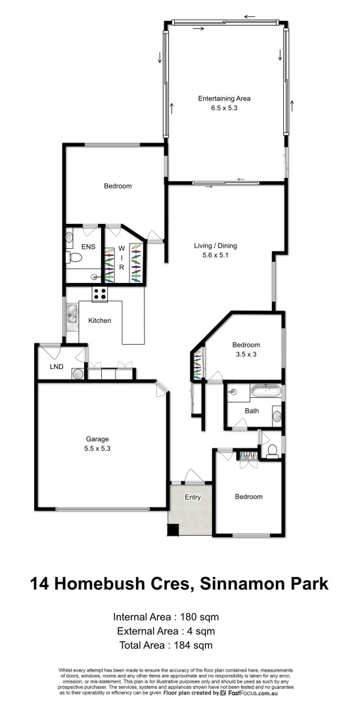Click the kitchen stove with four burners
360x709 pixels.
pyautogui.click(x=100, y=295)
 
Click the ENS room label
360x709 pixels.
pyautogui.click(x=88, y=247)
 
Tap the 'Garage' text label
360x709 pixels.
pyautogui.click(x=97, y=439)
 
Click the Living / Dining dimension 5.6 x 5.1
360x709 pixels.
pyautogui.click(x=215, y=255)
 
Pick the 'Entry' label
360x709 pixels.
pyautogui.click(x=192, y=497)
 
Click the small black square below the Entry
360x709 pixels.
pyautogui.click(x=173, y=530)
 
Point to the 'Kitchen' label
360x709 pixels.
pyautogui.click(x=100, y=321)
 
